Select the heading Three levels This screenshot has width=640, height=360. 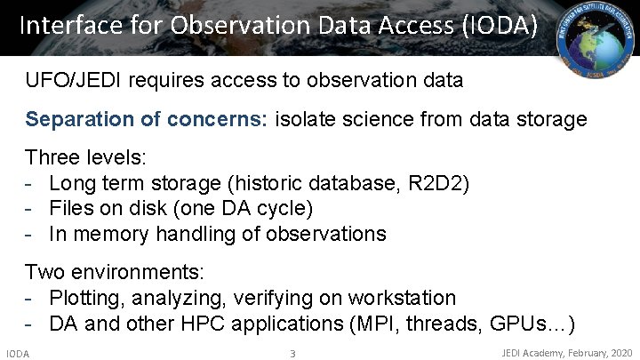86,158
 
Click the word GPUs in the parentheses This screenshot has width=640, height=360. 519,323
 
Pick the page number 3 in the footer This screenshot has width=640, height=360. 292,354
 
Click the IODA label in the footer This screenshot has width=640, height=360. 18,354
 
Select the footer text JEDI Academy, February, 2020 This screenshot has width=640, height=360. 567,353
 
